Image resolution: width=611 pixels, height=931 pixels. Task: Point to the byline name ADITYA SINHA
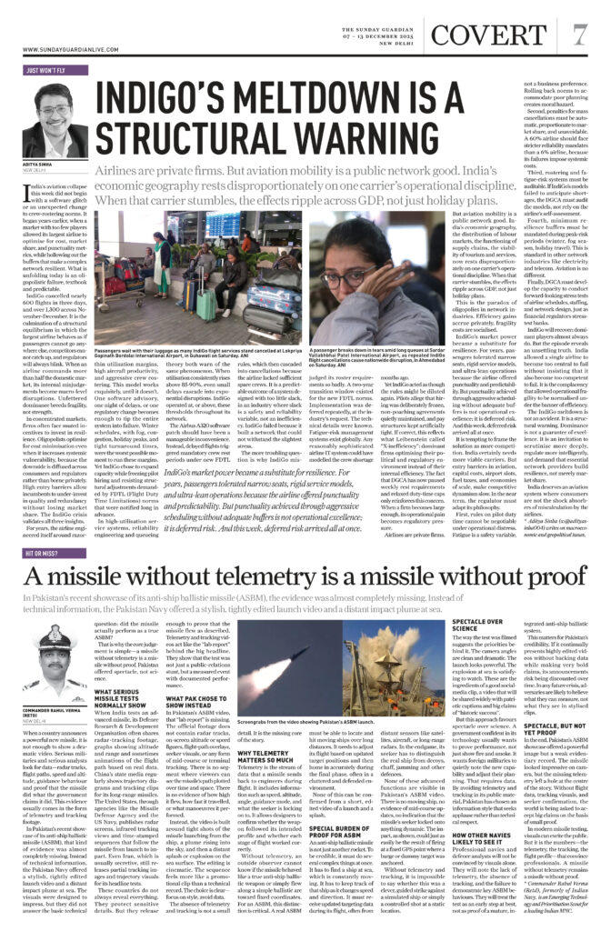(x=39, y=163)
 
